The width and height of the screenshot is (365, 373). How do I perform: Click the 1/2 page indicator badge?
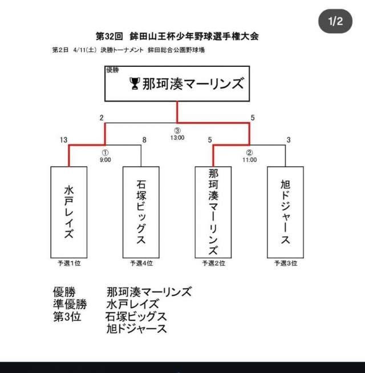(x=335, y=22)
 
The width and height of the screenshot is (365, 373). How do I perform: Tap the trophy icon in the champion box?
(x=135, y=85)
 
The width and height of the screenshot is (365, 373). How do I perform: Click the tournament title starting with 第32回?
(x=177, y=36)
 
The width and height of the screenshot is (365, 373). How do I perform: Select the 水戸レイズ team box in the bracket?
(x=69, y=211)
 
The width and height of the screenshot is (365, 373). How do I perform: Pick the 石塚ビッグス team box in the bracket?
(x=141, y=211)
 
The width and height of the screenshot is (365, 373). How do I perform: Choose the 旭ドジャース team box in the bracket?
(x=286, y=211)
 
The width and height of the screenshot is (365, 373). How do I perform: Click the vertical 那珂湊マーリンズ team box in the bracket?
(x=213, y=211)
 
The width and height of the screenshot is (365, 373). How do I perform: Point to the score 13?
(x=63, y=139)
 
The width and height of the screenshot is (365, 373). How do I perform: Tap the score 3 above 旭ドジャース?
(x=289, y=139)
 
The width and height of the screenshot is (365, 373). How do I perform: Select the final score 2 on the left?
(x=102, y=118)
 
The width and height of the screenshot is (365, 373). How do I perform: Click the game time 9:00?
(x=106, y=160)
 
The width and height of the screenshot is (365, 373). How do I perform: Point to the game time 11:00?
(x=250, y=160)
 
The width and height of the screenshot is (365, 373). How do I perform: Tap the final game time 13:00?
(x=177, y=138)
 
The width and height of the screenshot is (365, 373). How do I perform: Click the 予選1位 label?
(x=69, y=263)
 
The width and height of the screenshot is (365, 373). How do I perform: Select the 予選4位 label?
(x=141, y=263)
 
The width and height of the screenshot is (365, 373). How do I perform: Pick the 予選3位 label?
(x=286, y=263)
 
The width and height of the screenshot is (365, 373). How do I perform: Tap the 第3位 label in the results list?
(x=67, y=316)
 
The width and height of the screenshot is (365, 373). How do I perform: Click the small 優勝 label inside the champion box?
(x=113, y=70)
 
